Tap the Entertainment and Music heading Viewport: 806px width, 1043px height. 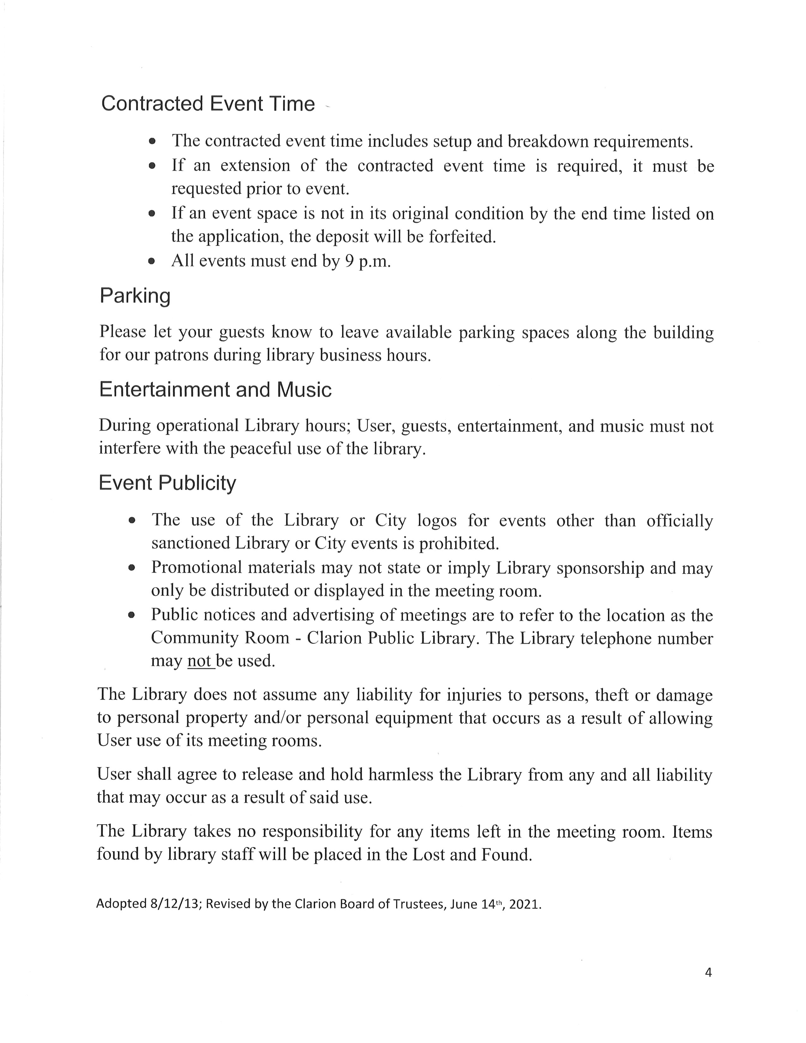215,390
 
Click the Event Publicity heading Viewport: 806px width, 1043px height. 167,483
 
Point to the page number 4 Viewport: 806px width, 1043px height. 708,972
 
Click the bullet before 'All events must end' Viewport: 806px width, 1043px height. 152,262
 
